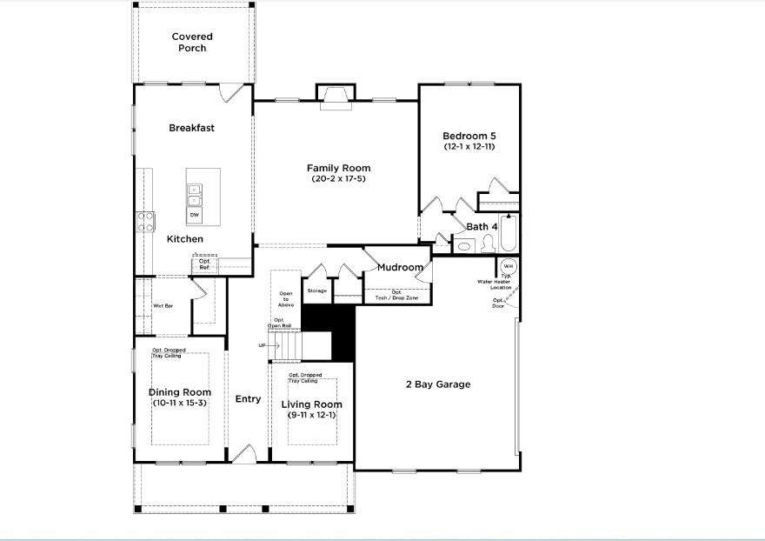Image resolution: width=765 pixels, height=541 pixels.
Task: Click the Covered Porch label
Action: pos(192,42)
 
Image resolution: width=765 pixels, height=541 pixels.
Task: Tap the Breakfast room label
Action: pos(191,128)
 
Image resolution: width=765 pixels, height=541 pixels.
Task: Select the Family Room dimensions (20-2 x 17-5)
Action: pos(338,179)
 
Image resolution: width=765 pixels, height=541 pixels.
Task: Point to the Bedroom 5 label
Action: pos(469,136)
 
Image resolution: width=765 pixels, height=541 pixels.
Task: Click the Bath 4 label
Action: pos(482,227)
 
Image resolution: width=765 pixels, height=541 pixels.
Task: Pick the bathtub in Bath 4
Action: pos(510,230)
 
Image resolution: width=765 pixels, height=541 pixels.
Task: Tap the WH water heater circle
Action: pos(508,265)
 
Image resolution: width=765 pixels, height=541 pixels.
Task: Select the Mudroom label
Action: pos(400,267)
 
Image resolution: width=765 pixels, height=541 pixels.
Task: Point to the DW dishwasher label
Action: pos(194,214)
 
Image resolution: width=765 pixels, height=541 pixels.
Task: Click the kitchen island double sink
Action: pos(195,194)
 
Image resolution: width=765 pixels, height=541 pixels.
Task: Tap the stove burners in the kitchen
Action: pos(143,222)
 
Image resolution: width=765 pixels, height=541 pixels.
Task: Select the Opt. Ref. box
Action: pos(204,264)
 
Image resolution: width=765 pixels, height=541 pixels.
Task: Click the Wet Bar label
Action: pos(163,305)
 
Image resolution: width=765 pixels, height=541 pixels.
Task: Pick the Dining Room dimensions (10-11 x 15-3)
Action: pos(178,403)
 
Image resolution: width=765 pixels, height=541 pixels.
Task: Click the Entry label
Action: pos(248,399)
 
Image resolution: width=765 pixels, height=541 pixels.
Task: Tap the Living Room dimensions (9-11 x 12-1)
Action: pos(312,415)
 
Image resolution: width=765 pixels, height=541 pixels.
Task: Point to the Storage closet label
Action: pos(316,291)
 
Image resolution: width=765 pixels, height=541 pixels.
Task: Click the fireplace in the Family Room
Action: pos(335,97)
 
